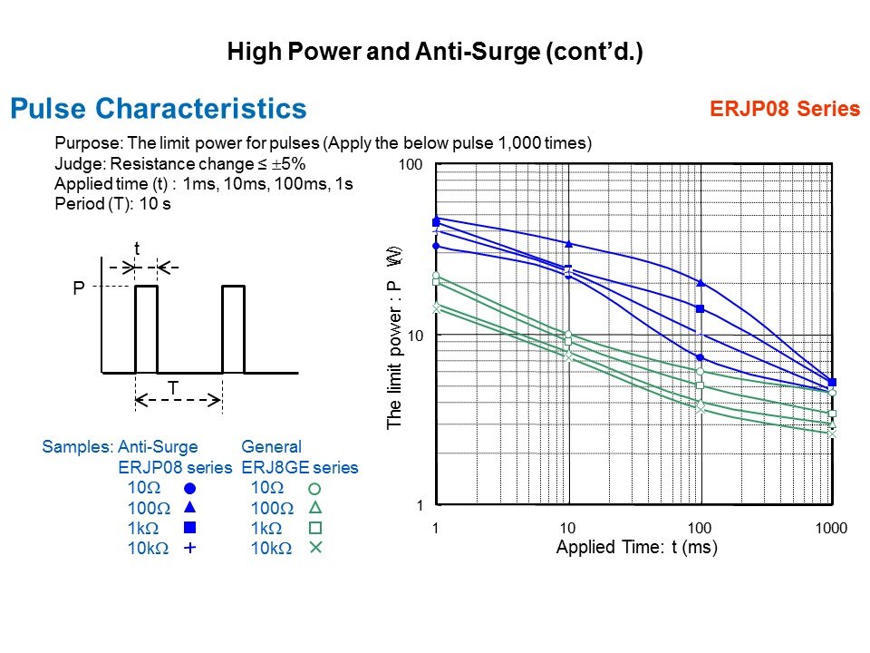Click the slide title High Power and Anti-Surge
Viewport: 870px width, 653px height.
[x=434, y=53]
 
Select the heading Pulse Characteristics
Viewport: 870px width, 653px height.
[x=158, y=109]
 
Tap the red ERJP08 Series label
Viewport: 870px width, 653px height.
[x=785, y=110]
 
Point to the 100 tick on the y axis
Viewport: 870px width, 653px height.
[x=411, y=166]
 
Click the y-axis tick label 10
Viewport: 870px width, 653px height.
[x=415, y=336]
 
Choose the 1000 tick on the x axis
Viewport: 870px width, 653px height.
[x=831, y=528]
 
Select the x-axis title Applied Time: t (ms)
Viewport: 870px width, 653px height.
[x=636, y=548]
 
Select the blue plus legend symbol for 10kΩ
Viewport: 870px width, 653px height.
[x=190, y=548]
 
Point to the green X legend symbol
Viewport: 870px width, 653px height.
[x=315, y=548]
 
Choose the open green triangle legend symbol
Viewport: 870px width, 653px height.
[x=315, y=508]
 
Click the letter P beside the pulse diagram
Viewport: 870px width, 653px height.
[x=78, y=288]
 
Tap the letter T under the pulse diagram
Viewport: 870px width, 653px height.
[x=172, y=388]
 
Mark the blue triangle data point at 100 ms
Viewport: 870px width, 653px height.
[x=701, y=284]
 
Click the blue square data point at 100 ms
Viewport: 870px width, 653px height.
[x=701, y=309]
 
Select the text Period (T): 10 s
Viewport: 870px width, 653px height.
[x=113, y=204]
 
